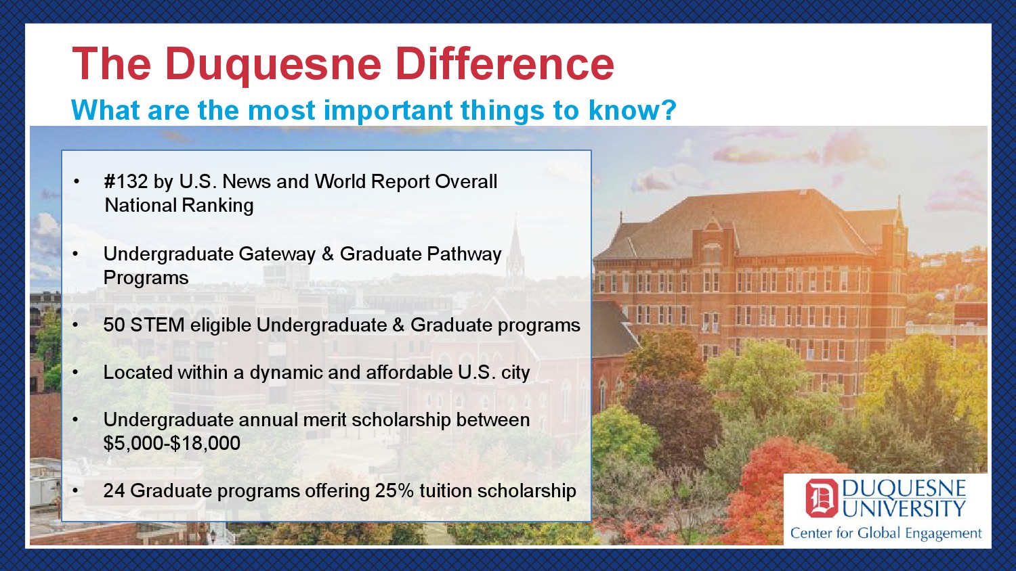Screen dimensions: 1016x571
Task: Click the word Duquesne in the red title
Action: click(x=273, y=65)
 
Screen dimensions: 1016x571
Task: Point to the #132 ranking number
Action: click(x=125, y=181)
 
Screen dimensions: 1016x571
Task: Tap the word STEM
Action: click(x=157, y=325)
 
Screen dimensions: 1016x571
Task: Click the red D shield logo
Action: click(x=822, y=498)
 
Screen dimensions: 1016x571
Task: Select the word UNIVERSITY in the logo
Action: click(x=904, y=509)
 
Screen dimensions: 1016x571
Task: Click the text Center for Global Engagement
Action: click(x=886, y=533)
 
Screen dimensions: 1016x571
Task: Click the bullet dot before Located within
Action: click(x=75, y=373)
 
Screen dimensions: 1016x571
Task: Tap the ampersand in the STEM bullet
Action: click(x=399, y=325)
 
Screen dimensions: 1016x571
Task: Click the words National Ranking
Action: click(x=179, y=206)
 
